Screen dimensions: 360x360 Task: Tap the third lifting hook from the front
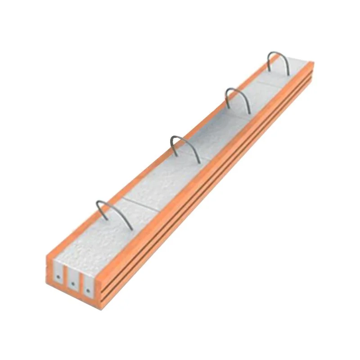[x=237, y=96]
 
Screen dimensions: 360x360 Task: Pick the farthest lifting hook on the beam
[x=279, y=60]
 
